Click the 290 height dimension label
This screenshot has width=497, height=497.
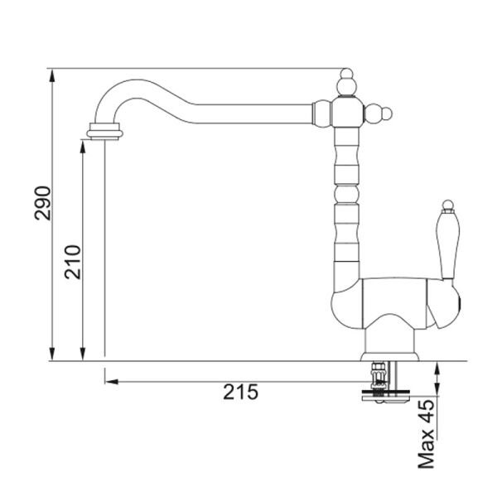pos(42,203)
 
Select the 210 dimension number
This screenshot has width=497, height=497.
pos(73,262)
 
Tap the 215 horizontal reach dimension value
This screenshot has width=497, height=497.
pos(240,392)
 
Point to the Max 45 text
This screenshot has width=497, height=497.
pos(426,434)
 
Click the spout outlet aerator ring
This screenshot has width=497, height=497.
pos(104,131)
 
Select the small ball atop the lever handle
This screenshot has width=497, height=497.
pos(447,205)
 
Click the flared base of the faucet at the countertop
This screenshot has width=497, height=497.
pos(389,356)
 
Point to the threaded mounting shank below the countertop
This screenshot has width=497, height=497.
pos(379,377)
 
